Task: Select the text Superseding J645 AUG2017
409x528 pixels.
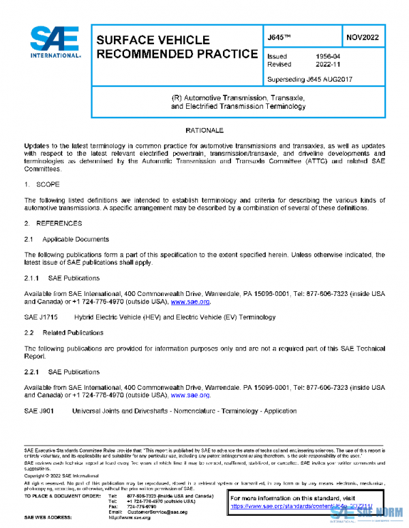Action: (x=309, y=79)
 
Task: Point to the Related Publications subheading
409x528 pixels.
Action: (x=73, y=333)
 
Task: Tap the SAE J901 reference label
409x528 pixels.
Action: (x=39, y=410)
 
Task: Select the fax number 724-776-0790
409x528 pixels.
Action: (x=142, y=506)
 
